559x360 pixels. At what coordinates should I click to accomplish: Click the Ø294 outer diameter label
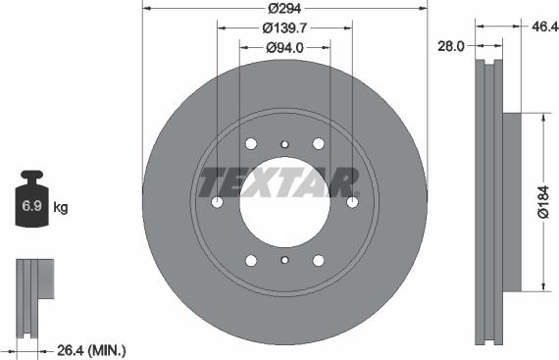[x=284, y=9]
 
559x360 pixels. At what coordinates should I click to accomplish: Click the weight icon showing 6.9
[x=32, y=202]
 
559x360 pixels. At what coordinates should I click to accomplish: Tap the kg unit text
[x=61, y=207]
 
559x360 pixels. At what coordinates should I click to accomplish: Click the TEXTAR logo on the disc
[x=279, y=181]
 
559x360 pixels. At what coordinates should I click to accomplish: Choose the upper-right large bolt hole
[x=318, y=143]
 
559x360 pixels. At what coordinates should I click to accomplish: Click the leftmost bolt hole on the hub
[x=218, y=202]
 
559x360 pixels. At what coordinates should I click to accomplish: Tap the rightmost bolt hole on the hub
[x=352, y=202]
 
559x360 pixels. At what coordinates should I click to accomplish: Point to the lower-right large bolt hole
[x=318, y=260]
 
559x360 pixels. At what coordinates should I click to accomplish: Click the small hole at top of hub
[x=284, y=144]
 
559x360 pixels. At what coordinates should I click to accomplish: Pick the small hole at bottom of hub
[x=284, y=260]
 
